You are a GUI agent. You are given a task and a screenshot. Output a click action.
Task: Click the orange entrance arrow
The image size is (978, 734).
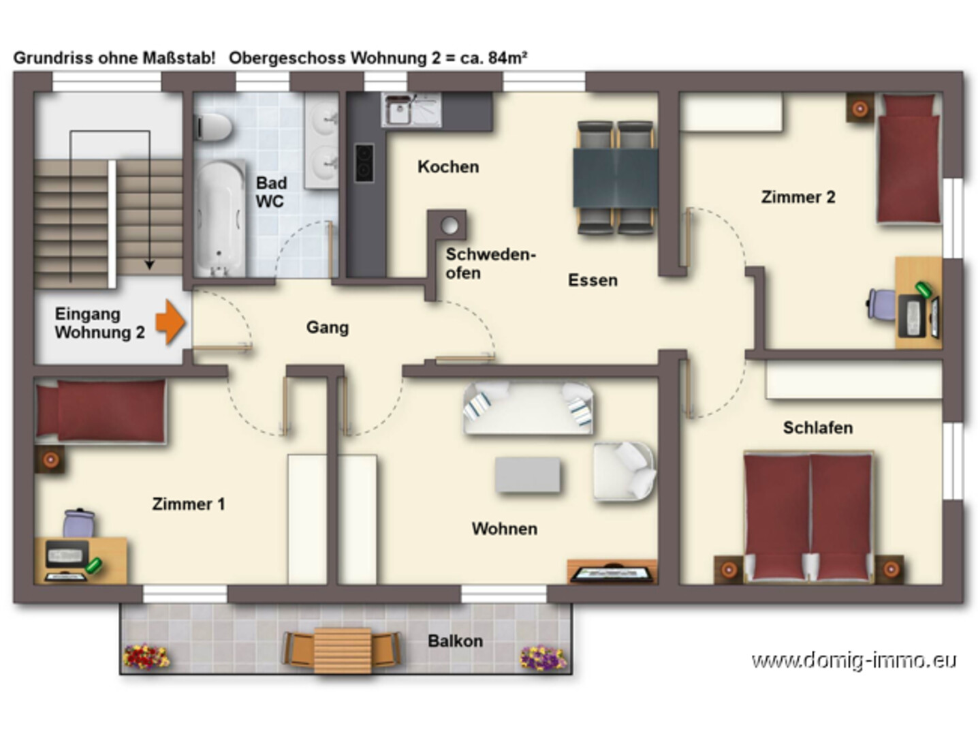click(170, 322)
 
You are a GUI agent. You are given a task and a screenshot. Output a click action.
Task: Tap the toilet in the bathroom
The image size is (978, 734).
click(214, 127)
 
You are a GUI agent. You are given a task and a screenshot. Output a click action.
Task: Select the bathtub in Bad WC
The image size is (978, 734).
click(220, 218)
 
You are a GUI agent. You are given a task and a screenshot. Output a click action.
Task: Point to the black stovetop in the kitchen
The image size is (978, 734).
click(364, 163)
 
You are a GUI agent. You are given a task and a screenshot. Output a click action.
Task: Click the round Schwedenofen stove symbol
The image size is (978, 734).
click(450, 226)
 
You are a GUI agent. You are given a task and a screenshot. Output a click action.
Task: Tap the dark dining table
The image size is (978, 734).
click(615, 177)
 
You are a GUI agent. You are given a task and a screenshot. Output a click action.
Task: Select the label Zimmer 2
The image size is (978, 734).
click(798, 197)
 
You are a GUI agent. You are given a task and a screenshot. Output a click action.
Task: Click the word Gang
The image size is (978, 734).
click(328, 328)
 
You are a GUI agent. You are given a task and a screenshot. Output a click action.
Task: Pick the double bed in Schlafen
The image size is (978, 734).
click(808, 517)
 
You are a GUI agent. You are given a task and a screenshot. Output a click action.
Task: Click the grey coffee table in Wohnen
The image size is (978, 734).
click(528, 474)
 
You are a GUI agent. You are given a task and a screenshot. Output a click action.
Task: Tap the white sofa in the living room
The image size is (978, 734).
click(529, 408)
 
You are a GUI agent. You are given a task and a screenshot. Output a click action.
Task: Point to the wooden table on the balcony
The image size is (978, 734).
click(342, 650)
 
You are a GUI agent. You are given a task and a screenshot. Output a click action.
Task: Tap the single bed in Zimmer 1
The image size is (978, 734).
click(101, 411)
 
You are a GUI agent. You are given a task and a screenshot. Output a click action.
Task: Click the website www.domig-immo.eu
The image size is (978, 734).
click(853, 660)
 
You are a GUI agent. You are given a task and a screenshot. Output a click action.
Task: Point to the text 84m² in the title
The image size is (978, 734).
click(507, 57)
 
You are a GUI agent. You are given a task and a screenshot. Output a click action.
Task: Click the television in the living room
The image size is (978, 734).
click(612, 573)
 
